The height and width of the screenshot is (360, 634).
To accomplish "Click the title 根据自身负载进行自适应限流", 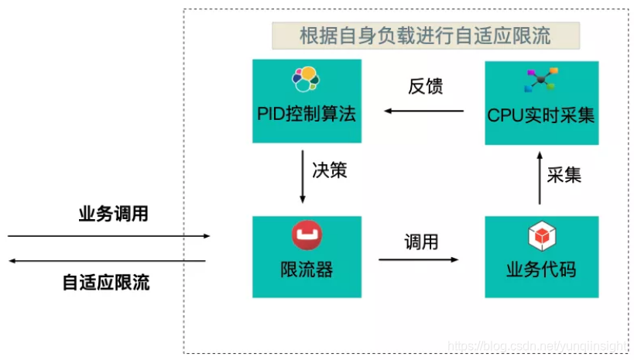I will tap(425, 35).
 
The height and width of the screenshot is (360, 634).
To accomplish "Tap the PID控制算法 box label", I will tap(307, 115).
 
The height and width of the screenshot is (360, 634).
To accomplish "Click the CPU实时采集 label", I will tap(541, 116).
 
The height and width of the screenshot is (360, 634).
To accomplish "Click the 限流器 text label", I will tap(307, 270).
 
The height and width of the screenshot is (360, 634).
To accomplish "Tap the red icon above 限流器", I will tap(307, 235).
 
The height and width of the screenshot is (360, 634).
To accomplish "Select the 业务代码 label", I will tap(541, 270).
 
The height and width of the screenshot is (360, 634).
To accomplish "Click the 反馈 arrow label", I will tap(425, 87).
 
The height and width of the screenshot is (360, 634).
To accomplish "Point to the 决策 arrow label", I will tap(330, 170).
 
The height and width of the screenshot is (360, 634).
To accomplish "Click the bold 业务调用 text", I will tap(113, 214).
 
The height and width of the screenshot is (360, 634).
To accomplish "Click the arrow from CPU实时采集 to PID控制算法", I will tap(424, 111).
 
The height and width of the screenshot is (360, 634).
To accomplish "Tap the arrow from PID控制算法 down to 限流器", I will tap(303, 179).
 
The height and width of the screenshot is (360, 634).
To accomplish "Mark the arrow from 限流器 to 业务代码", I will tap(419, 259).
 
